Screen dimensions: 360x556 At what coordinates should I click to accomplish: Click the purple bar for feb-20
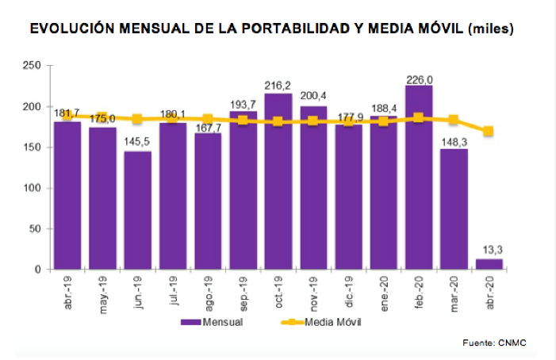pos(419,182)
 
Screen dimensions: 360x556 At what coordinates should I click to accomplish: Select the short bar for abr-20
pos(489,264)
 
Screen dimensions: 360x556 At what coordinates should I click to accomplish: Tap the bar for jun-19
pos(137,210)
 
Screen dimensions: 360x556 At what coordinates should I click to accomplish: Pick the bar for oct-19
pos(278,182)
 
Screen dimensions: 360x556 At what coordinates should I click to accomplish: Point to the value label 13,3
pos(489,251)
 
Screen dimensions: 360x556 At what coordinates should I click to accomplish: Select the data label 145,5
pos(137,144)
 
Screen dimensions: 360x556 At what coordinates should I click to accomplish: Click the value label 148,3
pos(454,141)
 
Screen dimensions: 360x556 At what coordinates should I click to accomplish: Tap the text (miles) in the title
pos(492,30)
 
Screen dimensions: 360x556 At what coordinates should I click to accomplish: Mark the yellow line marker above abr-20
pos(489,132)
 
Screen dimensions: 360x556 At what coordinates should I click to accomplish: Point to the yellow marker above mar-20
pos(454,120)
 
